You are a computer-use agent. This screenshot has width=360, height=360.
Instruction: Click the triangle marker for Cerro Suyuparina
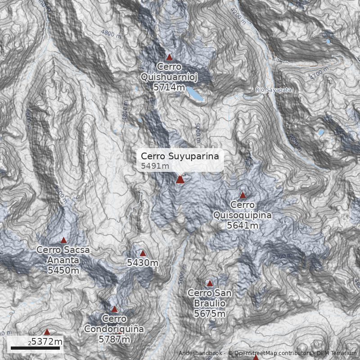tap(180, 180)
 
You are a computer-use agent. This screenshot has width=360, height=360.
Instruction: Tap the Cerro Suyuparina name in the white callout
tap(180, 156)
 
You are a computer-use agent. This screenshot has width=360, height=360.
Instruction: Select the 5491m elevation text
tap(155, 166)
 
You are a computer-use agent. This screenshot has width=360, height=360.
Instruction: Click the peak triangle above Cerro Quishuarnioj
tap(169, 57)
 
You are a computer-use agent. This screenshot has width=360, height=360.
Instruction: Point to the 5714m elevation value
tap(169, 87)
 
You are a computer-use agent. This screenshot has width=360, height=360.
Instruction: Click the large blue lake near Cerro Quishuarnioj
tap(195, 94)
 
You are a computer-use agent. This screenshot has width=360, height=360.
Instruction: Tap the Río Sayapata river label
tap(273, 90)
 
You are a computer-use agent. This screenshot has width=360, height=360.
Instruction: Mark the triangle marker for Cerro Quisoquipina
tap(243, 195)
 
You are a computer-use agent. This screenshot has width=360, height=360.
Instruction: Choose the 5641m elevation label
tap(243, 225)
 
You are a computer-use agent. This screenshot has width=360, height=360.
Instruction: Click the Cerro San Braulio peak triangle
tap(210, 283)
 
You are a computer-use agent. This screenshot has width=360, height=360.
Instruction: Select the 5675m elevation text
tap(210, 314)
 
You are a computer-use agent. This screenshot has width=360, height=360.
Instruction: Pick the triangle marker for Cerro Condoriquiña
tap(114, 310)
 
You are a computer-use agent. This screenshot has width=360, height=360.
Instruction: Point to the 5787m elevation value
tap(114, 339)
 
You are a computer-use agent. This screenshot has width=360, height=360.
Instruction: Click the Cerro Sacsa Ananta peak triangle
tap(63, 240)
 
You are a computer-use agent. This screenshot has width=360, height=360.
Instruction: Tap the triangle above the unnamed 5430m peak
tap(143, 253)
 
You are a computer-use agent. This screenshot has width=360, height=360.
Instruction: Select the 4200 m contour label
tap(237, 16)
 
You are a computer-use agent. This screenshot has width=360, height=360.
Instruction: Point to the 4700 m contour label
tap(319, 73)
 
